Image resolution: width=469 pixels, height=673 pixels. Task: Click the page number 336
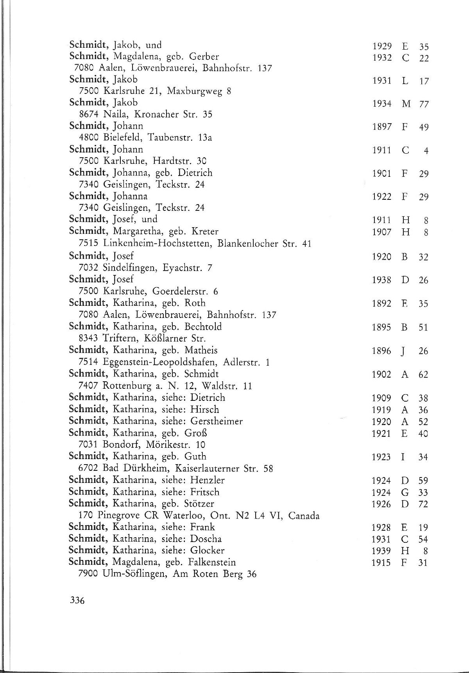(x=77, y=611)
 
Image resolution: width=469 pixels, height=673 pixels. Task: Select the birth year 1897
(x=382, y=127)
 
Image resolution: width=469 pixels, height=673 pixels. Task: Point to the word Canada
(x=304, y=516)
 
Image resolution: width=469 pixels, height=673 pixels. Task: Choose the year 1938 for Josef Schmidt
(x=382, y=280)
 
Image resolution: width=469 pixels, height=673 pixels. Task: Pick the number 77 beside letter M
(x=424, y=104)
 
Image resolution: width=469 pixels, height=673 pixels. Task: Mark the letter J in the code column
(x=405, y=351)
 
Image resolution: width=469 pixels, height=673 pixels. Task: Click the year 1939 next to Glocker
(x=381, y=551)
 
